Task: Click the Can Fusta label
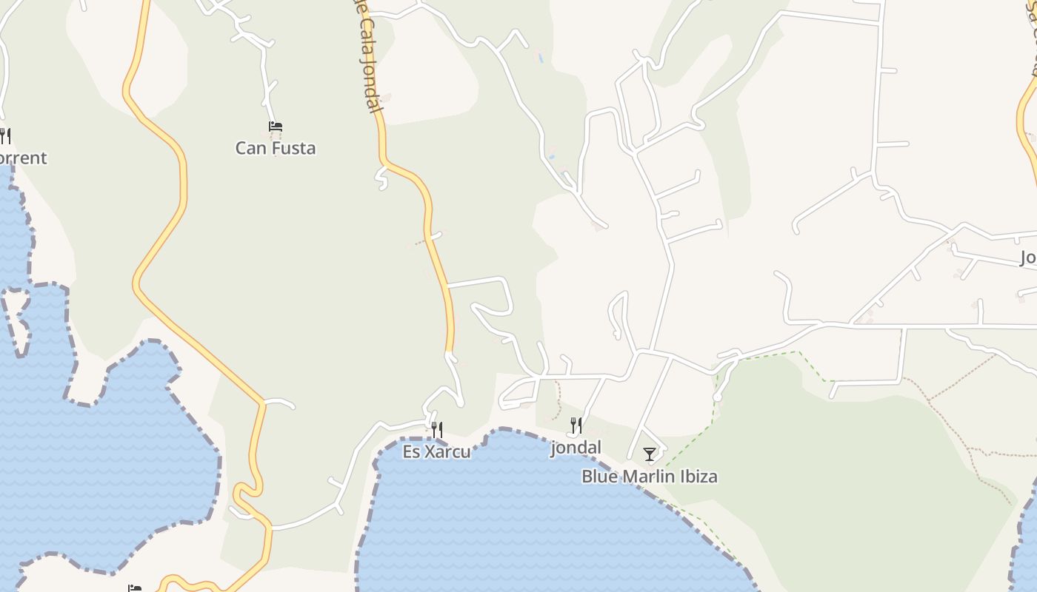(x=276, y=148)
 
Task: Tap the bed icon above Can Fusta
(x=276, y=127)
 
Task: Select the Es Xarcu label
(x=436, y=451)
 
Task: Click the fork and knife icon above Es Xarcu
(x=437, y=429)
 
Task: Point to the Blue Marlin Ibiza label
(x=649, y=476)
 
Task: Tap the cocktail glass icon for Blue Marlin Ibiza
(x=650, y=454)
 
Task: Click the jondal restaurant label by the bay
(x=576, y=447)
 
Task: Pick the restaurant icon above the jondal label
(x=576, y=425)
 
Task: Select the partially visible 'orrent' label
(x=22, y=158)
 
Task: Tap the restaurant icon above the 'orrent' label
(x=4, y=136)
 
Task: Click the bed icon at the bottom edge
(x=134, y=588)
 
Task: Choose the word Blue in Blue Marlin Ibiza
(x=598, y=476)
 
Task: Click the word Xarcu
(x=447, y=451)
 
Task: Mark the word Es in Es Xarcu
(x=411, y=451)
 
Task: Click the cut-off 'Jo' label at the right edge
(x=1028, y=258)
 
